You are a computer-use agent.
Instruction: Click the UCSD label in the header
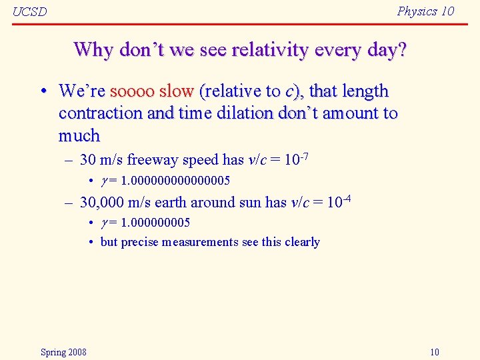30,11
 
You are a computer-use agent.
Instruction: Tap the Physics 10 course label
425,11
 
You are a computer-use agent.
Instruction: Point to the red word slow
176,91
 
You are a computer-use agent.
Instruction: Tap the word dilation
241,113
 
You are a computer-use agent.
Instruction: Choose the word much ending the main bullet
79,135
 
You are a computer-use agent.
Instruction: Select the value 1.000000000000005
174,181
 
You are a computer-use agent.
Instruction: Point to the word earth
170,203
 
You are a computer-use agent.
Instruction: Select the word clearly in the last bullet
301,242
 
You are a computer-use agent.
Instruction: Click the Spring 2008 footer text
63,352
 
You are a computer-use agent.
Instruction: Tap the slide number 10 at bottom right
435,352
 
